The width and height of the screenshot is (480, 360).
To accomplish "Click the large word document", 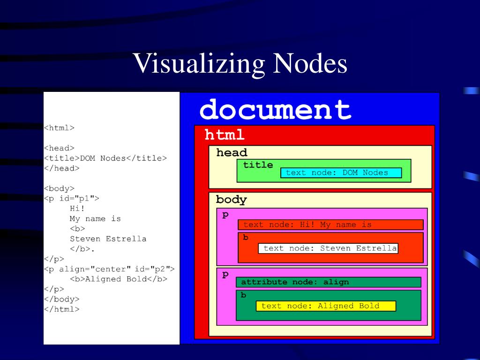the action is coord(275,110).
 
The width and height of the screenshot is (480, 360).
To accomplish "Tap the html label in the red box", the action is coord(225,135).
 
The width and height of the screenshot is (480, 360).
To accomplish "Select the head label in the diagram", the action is coord(232,153).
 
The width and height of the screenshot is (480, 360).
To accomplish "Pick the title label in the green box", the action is coord(258,165).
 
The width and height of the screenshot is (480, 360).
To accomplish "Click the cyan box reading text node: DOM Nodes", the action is coord(341,172).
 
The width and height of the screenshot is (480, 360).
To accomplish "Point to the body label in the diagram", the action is coord(231,200).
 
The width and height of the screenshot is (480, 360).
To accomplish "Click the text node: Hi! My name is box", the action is coord(330,225).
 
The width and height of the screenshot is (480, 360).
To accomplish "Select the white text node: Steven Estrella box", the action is coord(328,248).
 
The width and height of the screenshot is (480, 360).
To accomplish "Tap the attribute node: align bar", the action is coord(328,282).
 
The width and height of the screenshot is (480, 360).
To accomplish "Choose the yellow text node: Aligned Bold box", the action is coord(325,306).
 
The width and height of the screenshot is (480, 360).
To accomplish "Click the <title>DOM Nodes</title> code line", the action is coord(105,158).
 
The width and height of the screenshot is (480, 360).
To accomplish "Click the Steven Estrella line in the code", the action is coord(108,239).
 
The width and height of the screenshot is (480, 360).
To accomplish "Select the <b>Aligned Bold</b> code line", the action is coord(118,279).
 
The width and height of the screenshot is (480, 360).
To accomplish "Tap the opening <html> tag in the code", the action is coord(59,127).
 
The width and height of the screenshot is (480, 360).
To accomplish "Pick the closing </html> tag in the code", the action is coord(61,309).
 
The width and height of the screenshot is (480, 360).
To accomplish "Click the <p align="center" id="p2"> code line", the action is coord(109,269).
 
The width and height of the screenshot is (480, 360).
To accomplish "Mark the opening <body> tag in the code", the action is coord(59,188).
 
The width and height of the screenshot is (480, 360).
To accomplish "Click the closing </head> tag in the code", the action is coord(61,168).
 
